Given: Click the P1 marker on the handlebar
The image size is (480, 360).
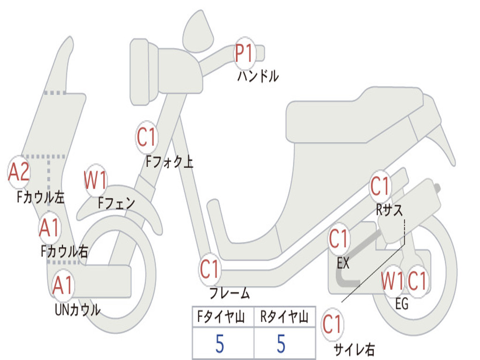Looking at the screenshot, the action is click(244, 53).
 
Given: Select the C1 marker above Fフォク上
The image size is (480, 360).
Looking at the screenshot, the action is click(147, 137).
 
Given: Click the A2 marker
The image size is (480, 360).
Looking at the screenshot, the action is click(19, 172).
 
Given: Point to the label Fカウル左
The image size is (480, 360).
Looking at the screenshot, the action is click(40, 197).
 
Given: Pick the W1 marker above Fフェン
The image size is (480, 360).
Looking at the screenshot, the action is click(96, 180).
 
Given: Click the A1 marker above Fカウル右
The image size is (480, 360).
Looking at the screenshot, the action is click(49, 228).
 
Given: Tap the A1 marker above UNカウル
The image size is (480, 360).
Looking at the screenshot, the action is click(63, 285).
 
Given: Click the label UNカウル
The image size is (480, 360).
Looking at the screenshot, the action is click(77, 309).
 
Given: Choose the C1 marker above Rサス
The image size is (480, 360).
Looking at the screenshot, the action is click(380, 186).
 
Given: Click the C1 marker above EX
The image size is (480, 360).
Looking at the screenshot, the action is click(338, 239).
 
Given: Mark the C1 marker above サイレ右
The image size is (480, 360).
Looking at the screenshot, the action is click(332, 324).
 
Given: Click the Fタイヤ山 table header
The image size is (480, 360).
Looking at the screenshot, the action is click(221, 317).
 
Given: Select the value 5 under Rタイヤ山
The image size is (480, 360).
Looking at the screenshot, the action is click(281, 344).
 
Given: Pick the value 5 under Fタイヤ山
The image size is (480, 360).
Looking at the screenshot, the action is click(219, 344).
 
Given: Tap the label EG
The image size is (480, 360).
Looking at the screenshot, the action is click(402, 304).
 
